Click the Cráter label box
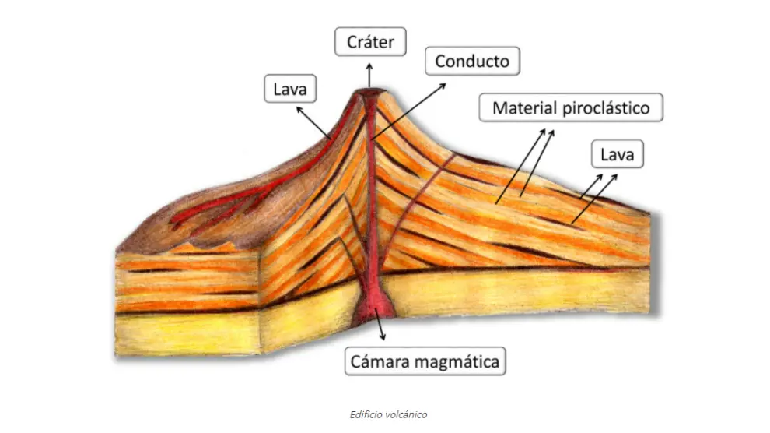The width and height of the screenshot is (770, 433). click(x=370, y=42)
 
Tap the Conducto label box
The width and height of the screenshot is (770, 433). click(x=472, y=62)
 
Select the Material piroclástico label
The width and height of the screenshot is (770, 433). click(x=571, y=107)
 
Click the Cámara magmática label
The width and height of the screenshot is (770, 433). click(x=425, y=361)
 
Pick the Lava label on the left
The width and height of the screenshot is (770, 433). click(x=290, y=90)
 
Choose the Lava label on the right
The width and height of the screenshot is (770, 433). click(x=618, y=155)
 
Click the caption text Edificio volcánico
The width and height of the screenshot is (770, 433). click(x=388, y=414)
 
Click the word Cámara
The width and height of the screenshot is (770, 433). click(x=379, y=361)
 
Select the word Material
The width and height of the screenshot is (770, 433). click(x=523, y=107)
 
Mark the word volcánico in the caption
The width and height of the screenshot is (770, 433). click(x=408, y=414)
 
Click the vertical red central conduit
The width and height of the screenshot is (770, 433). click(x=373, y=202)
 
